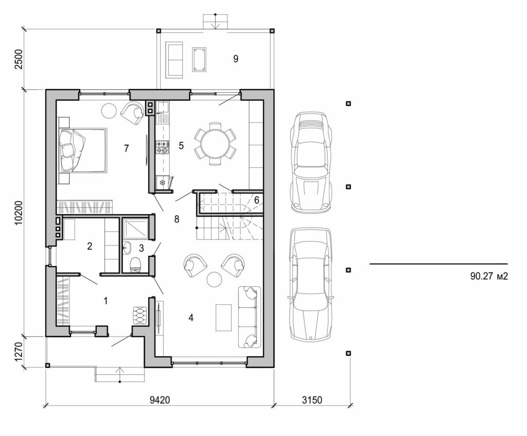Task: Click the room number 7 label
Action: (126, 148)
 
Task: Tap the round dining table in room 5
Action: (215, 144)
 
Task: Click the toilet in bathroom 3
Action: (135, 265)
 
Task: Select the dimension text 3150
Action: (311, 399)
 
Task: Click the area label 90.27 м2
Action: (489, 276)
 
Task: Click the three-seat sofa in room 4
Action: (250, 317)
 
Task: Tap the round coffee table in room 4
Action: (214, 279)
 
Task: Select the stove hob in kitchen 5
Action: (162, 147)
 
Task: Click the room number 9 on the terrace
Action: (236, 59)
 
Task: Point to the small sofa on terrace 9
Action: (174, 60)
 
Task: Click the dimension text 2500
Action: (19, 60)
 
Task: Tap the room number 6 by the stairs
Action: (256, 200)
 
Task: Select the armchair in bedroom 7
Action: (133, 113)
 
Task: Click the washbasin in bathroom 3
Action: (127, 248)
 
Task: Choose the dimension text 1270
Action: (19, 352)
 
